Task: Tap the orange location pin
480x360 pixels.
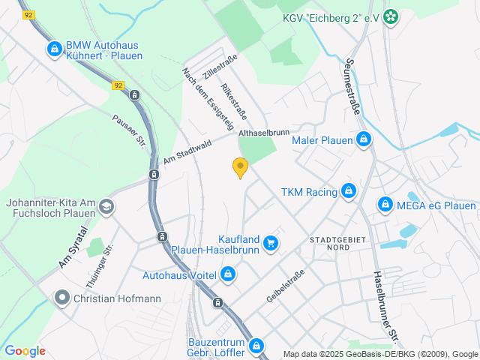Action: (x=240, y=168)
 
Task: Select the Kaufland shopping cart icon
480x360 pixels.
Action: (x=271, y=243)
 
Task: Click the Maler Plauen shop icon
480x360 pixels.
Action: (x=364, y=140)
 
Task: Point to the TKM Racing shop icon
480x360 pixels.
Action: (x=349, y=192)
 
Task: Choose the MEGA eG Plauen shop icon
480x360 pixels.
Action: (x=385, y=204)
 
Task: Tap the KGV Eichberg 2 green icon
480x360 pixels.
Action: (x=390, y=16)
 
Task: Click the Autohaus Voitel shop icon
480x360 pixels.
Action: (x=227, y=275)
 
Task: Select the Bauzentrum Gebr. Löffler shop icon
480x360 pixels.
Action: (x=256, y=346)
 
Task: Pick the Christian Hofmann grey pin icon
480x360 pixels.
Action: (x=62, y=298)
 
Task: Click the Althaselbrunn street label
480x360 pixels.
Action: (x=263, y=133)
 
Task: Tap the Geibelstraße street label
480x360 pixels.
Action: (x=285, y=286)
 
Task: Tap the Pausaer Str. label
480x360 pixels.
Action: (x=128, y=130)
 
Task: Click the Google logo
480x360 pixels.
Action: (x=25, y=350)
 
